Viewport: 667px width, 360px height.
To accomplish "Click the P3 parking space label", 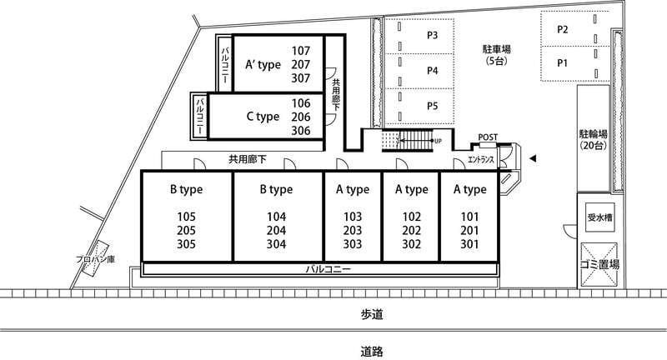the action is (432, 35).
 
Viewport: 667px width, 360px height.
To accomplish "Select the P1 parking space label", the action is (562, 63).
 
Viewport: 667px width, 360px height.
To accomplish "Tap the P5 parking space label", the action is (432, 106).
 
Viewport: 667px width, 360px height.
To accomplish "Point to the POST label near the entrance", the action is (488, 137).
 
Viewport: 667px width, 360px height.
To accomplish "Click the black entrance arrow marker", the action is (533, 159).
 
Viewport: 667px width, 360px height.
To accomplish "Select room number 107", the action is (301, 51).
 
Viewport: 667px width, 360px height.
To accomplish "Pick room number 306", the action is (301, 131).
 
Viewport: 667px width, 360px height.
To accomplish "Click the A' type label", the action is (263, 65).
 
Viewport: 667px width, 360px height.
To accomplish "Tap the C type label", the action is (263, 117).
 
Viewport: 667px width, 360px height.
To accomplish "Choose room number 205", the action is (186, 230).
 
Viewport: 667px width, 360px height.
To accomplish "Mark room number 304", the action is (277, 244).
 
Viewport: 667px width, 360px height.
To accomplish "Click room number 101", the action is (469, 217).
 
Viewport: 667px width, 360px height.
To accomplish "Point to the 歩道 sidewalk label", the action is (372, 314).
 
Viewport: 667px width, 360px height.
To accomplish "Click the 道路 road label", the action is (372, 352).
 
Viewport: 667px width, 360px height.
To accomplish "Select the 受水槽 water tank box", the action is (599, 217).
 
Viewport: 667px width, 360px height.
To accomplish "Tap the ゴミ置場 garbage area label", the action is (599, 264).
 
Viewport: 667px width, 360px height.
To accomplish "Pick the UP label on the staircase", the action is (438, 141).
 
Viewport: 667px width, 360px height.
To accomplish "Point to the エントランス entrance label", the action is (481, 160).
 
